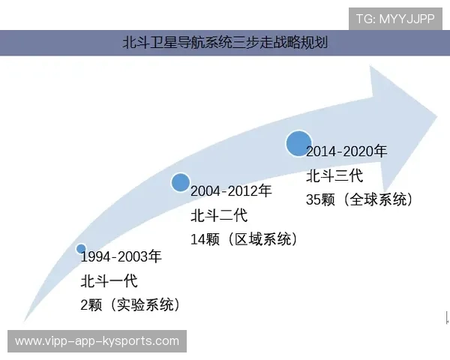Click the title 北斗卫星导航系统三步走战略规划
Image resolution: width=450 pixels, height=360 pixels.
[224, 43]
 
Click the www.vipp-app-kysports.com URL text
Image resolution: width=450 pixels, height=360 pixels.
[97, 341]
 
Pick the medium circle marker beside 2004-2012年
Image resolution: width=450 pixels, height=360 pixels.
[181, 182]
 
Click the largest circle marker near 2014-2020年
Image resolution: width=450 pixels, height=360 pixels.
[298, 142]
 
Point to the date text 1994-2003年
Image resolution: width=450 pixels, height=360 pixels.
[121, 257]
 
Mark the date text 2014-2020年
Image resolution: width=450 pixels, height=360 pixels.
[346, 151]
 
